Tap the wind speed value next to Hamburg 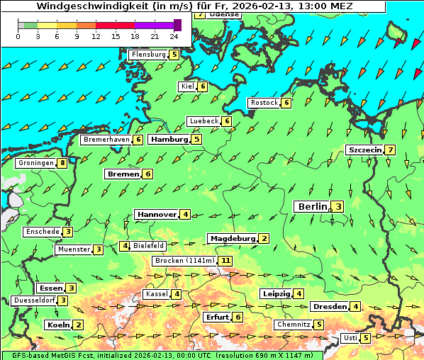[196, 139]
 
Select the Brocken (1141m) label [183, 261]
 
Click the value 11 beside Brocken [225, 261]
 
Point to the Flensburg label [148, 54]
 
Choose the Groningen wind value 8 [63, 163]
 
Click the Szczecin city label [364, 150]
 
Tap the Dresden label [329, 306]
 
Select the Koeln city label [57, 325]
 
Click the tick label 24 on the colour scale [174, 36]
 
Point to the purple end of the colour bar [177, 25]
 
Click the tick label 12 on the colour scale [96, 36]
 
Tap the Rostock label [264, 103]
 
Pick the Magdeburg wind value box [264, 238]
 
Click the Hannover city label [157, 214]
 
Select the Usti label [350, 337]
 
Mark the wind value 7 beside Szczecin [390, 150]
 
